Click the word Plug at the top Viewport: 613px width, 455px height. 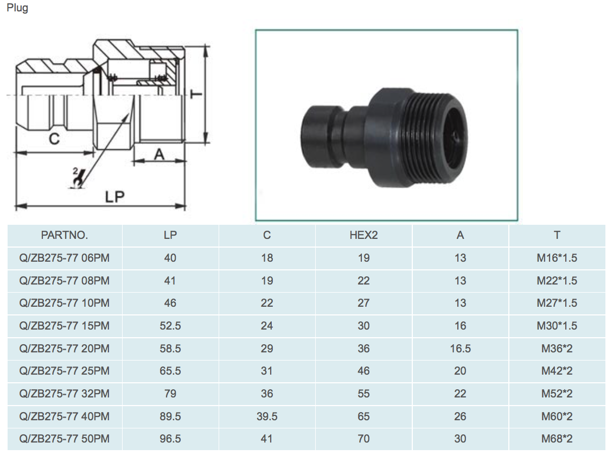click(x=17, y=8)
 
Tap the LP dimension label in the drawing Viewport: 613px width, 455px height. click(x=114, y=197)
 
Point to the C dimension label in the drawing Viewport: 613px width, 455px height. click(x=54, y=139)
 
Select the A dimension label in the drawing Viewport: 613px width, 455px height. click(x=159, y=155)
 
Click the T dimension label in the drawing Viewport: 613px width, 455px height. click(x=196, y=94)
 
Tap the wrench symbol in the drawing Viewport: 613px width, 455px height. click(x=78, y=179)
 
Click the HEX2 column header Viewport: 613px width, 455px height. click(x=363, y=235)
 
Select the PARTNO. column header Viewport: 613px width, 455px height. click(x=65, y=235)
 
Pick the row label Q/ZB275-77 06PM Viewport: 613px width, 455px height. click(x=65, y=258)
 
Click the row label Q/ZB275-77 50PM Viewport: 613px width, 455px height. click(x=65, y=439)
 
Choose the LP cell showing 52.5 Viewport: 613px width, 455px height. click(x=170, y=325)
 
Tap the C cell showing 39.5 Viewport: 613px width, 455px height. click(x=267, y=416)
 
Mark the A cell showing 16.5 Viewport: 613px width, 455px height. click(x=460, y=348)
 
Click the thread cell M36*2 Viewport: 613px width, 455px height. click(x=557, y=348)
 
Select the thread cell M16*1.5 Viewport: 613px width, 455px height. click(x=557, y=258)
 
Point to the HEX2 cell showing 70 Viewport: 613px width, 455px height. click(x=363, y=439)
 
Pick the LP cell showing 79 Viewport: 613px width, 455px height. click(x=170, y=394)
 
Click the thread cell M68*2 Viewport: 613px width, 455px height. click(x=557, y=439)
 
